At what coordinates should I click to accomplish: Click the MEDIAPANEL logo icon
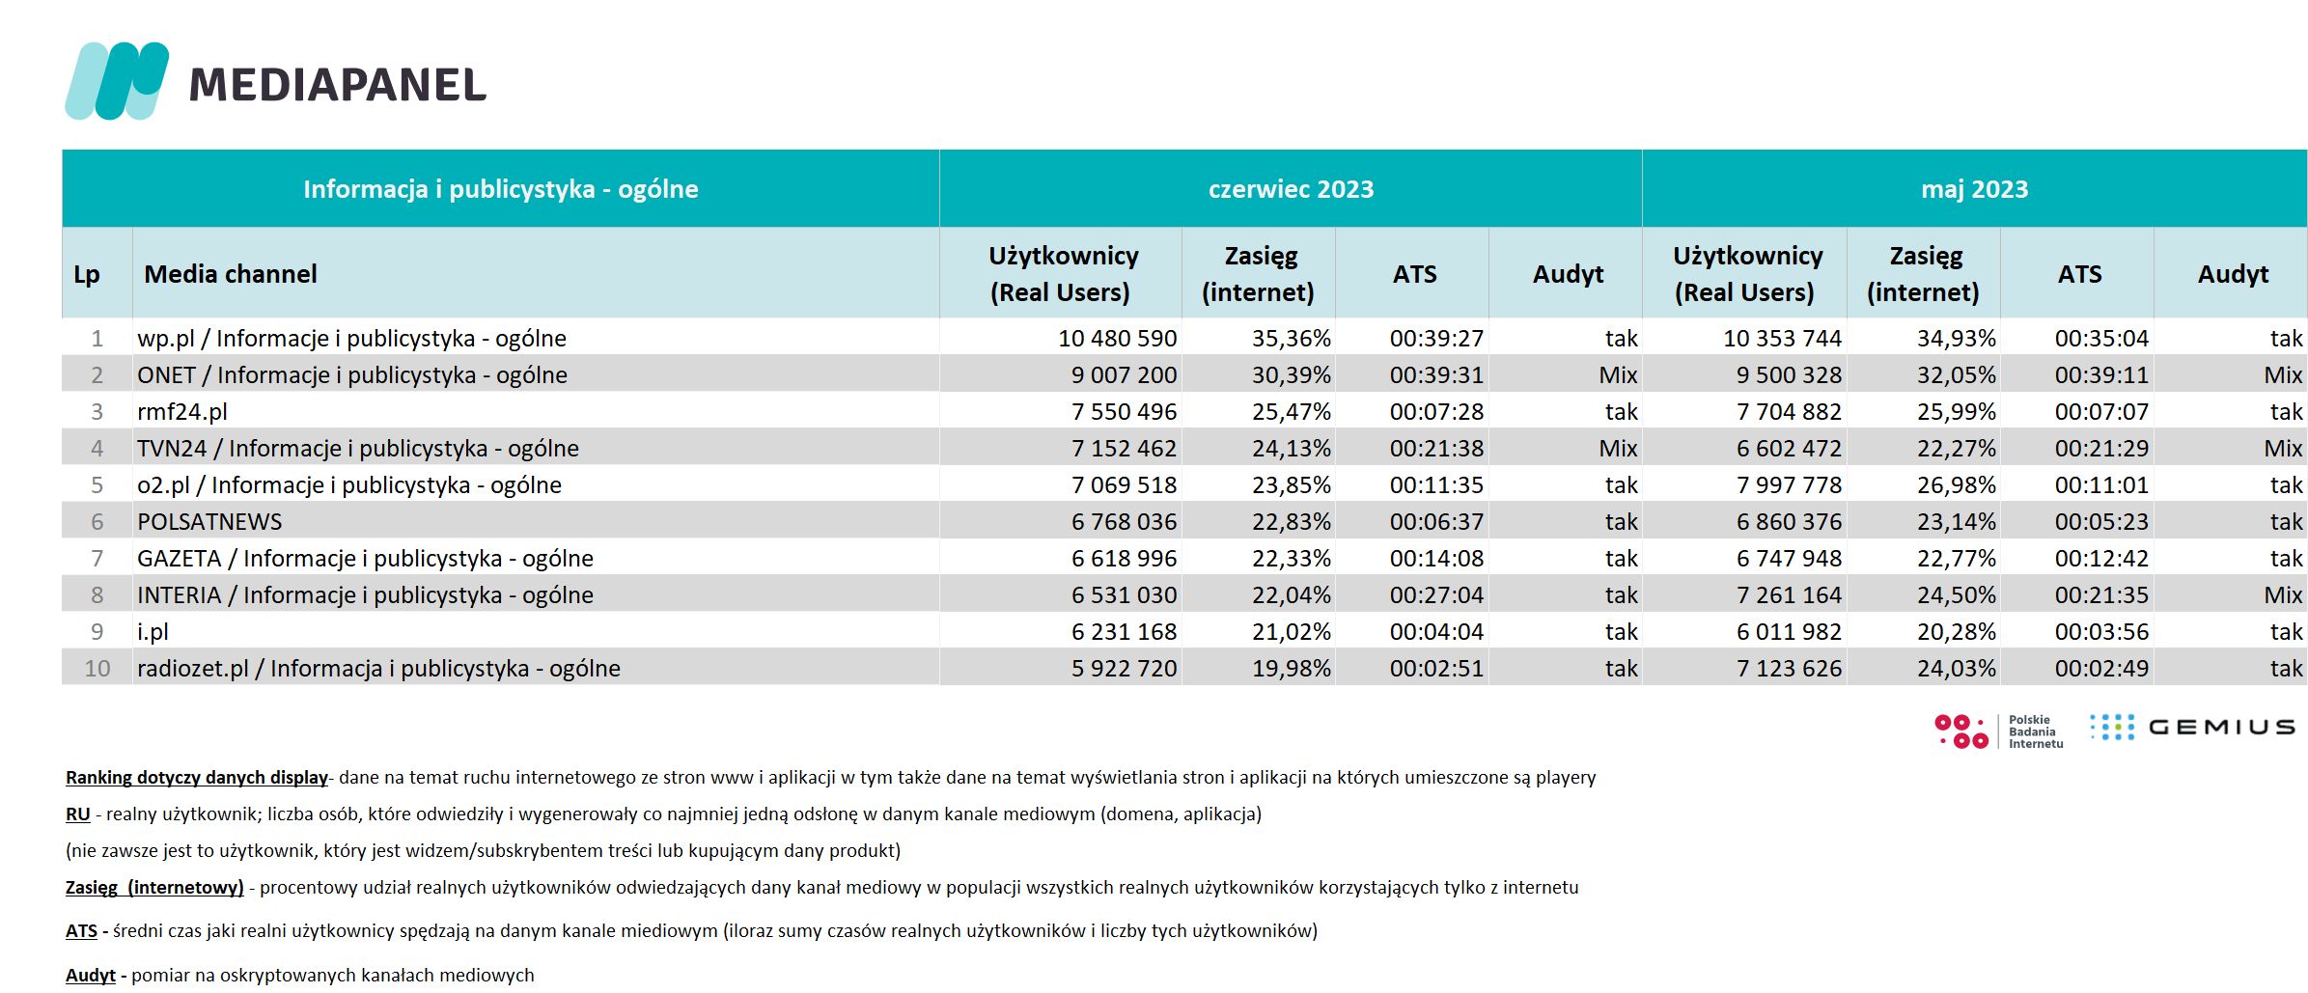[117, 81]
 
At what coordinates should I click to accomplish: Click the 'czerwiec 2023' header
[1291, 189]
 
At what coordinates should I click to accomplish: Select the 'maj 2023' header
[1974, 189]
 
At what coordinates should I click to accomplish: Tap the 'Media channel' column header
[231, 274]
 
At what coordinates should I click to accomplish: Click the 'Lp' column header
[87, 275]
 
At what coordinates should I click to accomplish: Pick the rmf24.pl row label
[182, 412]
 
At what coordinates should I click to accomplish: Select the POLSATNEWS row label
[209, 522]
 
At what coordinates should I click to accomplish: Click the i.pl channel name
[153, 632]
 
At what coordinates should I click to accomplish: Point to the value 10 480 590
[1117, 339]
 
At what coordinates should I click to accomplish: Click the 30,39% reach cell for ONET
[1291, 375]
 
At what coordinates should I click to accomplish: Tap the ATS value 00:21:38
[1436, 449]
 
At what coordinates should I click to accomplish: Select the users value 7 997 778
[1789, 485]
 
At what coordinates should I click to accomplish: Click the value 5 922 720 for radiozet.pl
[1124, 669]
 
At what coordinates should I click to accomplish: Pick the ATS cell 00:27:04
[1436, 595]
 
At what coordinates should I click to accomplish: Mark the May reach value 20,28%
[1956, 632]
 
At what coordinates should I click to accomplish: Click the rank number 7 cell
[97, 559]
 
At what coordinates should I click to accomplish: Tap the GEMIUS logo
[2192, 727]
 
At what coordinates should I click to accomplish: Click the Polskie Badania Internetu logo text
[2036, 731]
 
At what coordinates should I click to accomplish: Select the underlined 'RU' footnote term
[77, 814]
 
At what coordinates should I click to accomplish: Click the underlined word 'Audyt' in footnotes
[91, 976]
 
